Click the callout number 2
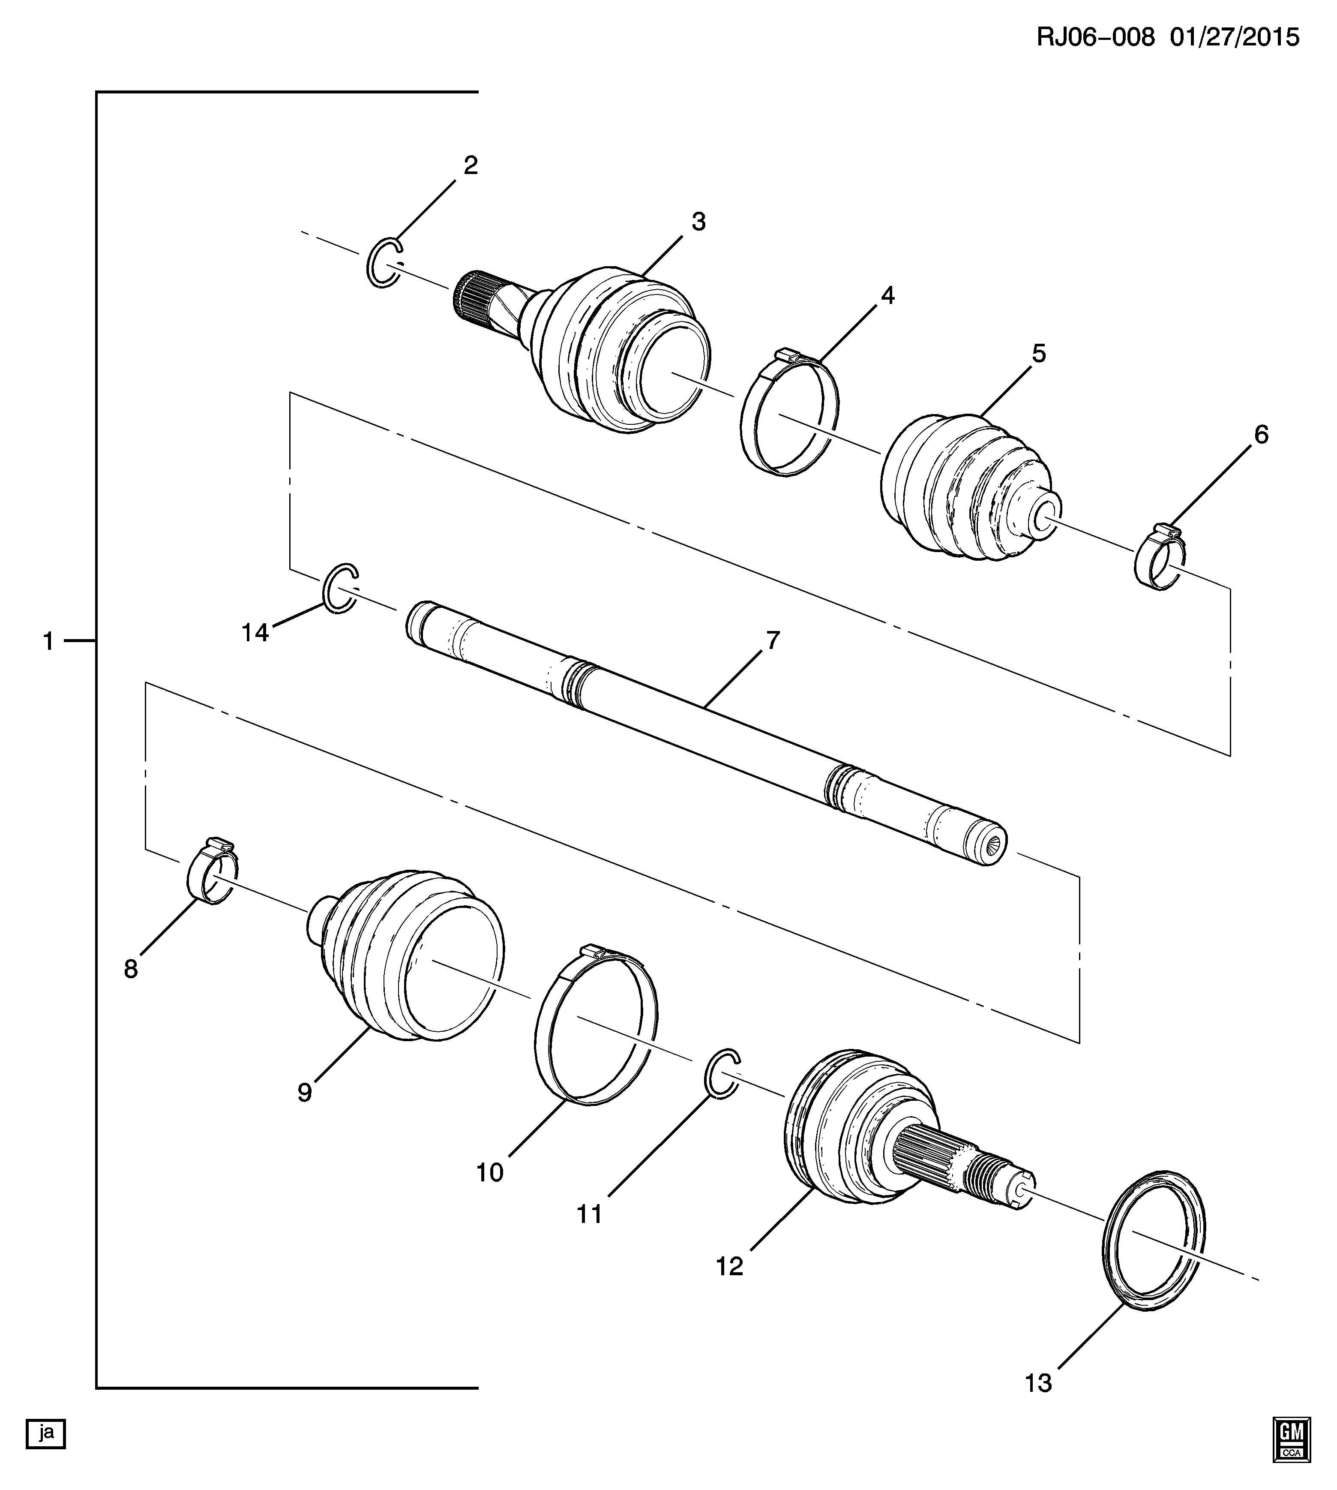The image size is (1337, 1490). pos(470,165)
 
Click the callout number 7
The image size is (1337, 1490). pos(772,641)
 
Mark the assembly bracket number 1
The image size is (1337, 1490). pos(48,641)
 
